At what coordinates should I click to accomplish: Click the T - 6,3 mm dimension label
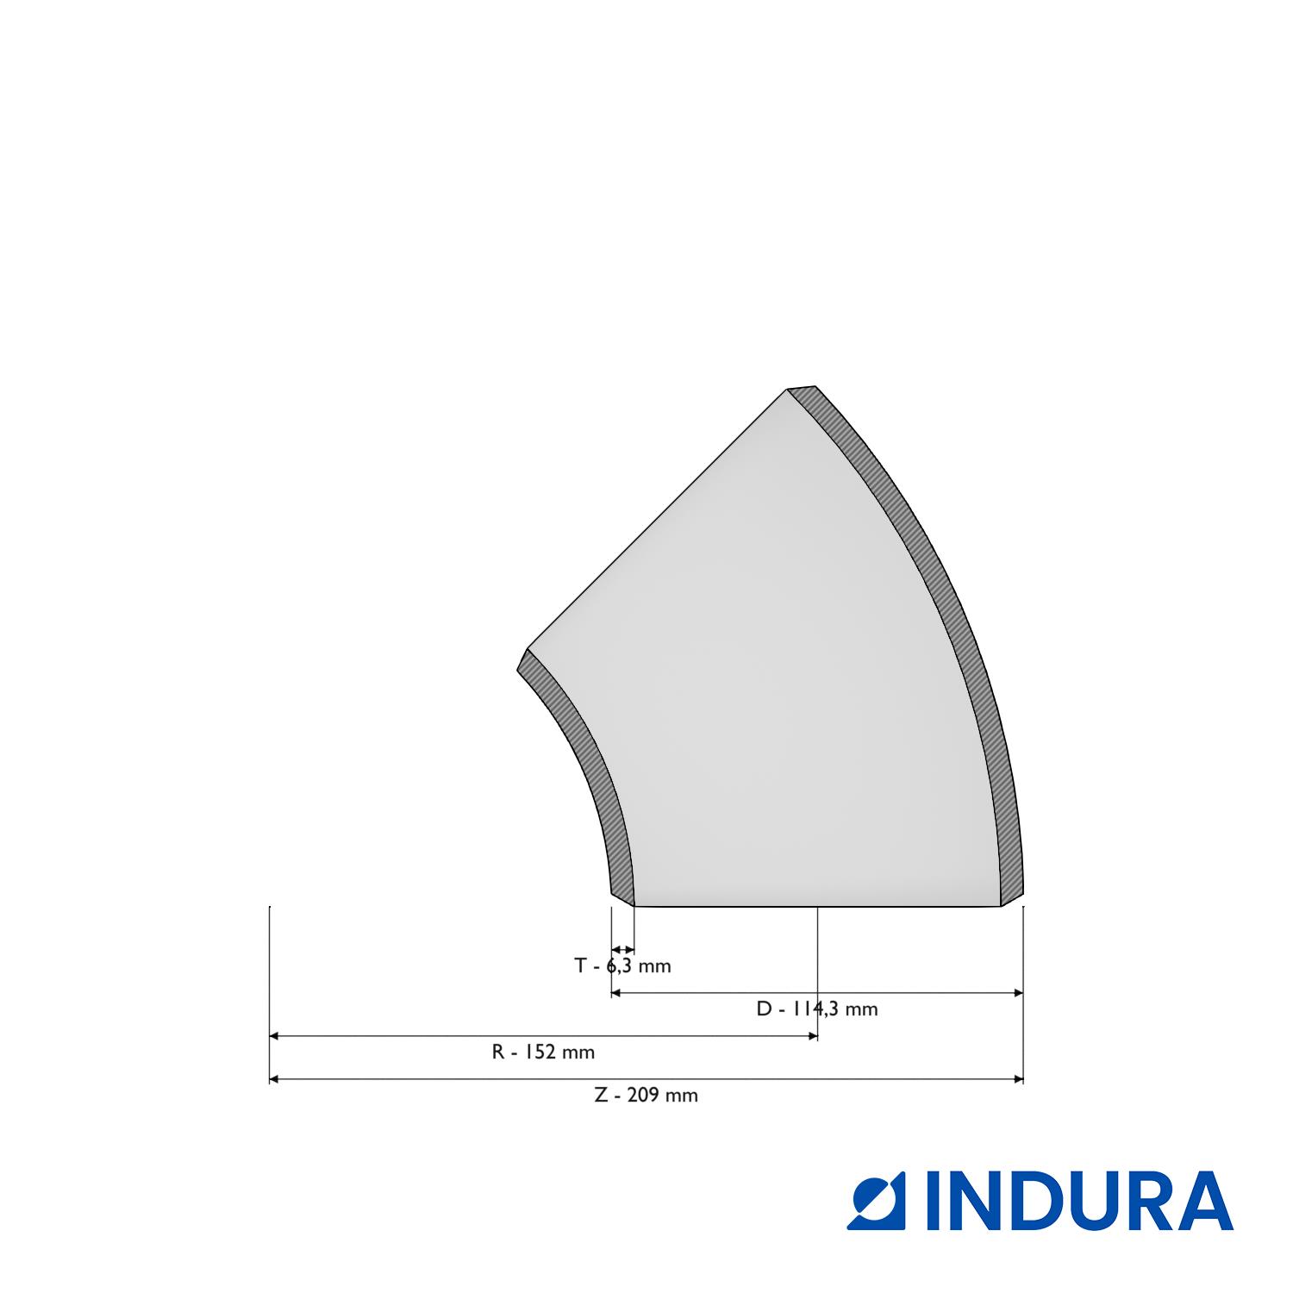[x=622, y=965]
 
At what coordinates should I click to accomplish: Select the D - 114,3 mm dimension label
[x=817, y=1009]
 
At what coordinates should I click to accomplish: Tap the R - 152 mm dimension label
[x=543, y=1052]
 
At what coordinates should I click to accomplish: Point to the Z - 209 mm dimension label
[x=646, y=1096]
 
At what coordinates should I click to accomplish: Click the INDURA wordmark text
[x=1079, y=1200]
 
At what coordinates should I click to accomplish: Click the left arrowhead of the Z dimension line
[x=275, y=1079]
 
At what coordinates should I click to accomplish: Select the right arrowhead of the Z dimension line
[x=1017, y=1079]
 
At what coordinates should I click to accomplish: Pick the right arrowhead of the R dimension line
[x=811, y=1036]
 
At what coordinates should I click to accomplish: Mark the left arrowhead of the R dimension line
[x=275, y=1036]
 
